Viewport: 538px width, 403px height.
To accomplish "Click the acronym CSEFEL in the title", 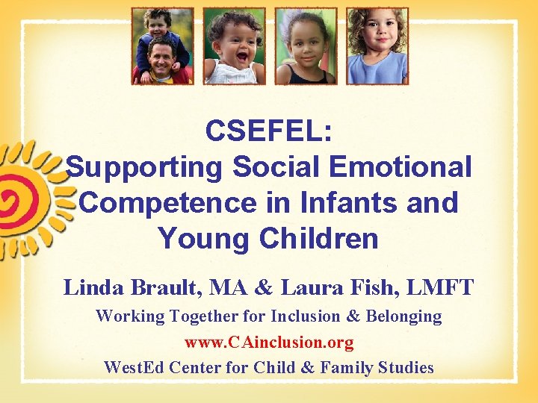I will (269, 131).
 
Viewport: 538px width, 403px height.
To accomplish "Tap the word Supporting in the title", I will (143, 167).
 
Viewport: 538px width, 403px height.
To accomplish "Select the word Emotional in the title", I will (397, 167).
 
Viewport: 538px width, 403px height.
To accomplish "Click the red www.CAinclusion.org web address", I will (269, 342).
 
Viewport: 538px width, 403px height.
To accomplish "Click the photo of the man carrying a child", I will (162, 46).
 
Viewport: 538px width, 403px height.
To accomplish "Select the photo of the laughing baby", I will (233, 46).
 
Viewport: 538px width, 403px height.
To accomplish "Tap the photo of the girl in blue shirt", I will (377, 46).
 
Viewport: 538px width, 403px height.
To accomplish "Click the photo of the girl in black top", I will (306, 46).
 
